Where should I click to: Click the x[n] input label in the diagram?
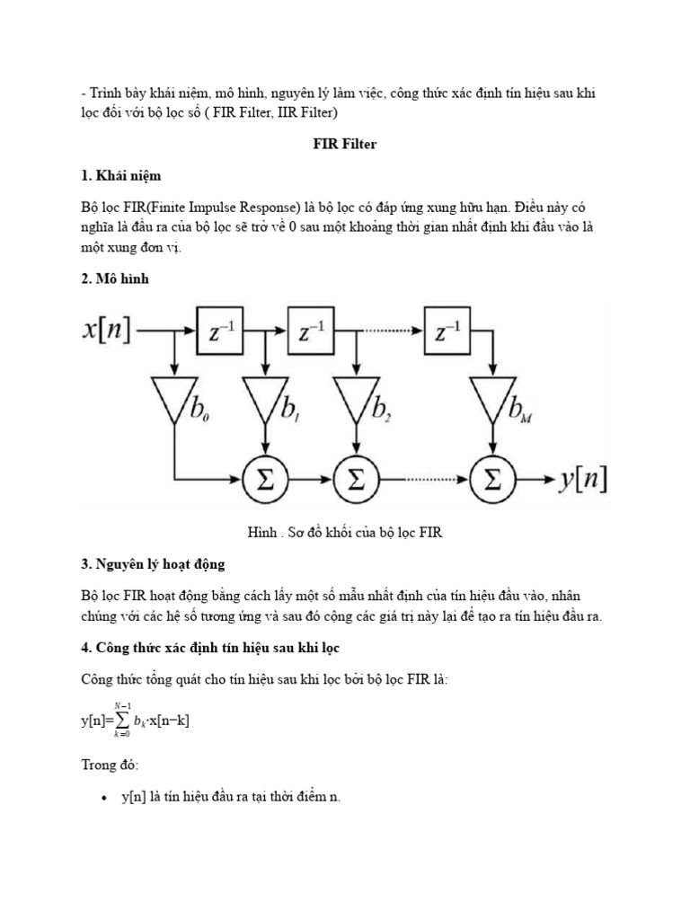106,332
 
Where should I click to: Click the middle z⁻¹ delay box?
309,332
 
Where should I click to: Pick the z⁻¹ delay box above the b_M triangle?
447,332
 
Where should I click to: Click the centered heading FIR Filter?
344,145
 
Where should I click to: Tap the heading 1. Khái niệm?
120,175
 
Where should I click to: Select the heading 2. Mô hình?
114,279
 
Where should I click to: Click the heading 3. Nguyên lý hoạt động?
153,563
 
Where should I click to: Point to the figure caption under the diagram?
345,533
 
